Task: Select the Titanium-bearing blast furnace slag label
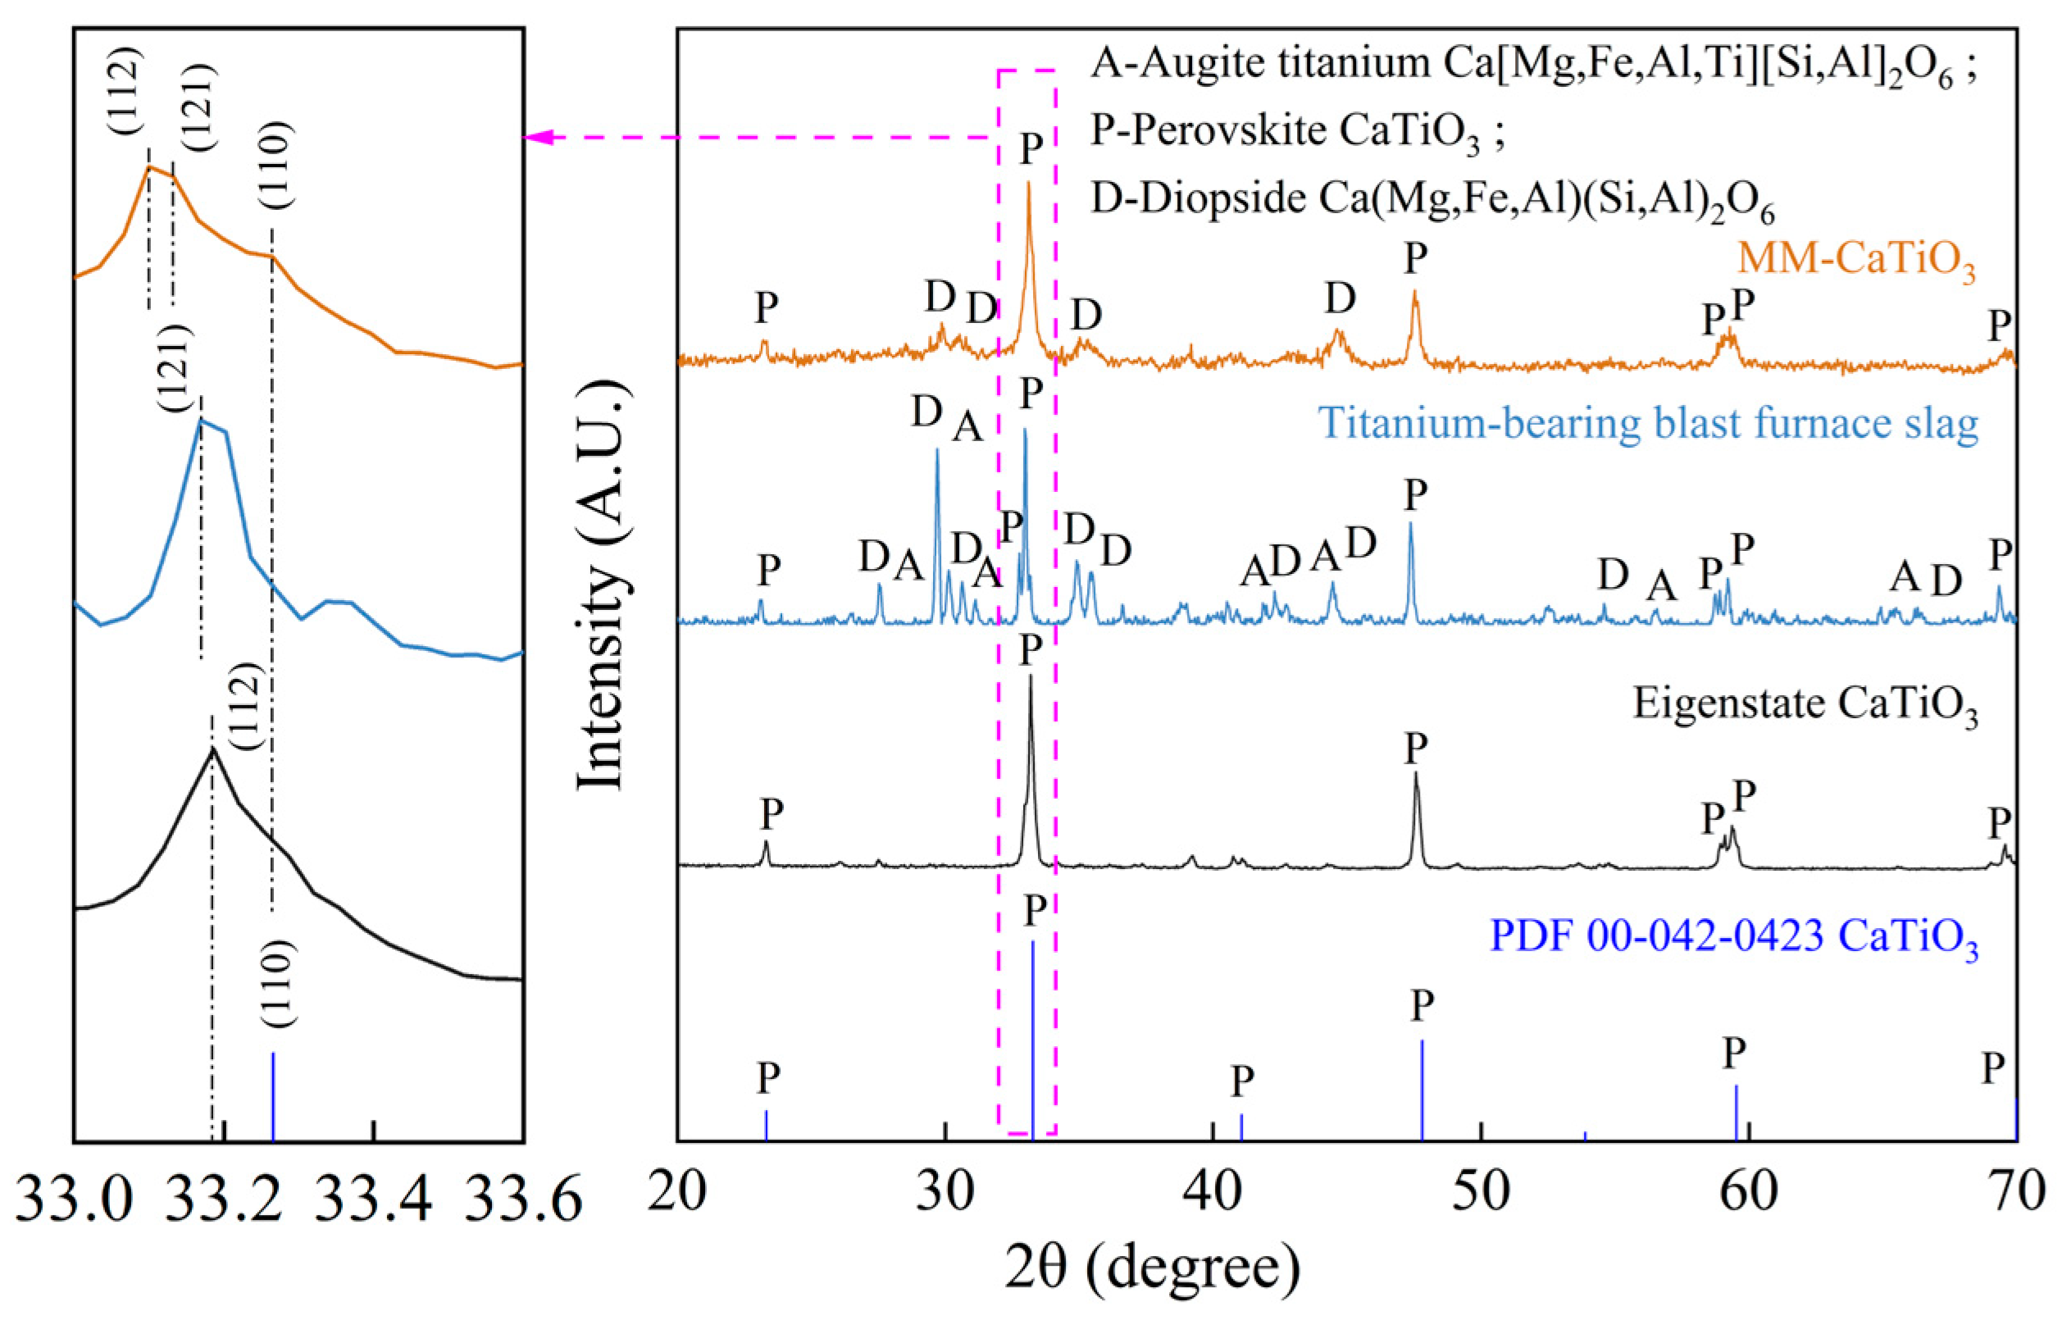coord(1648,424)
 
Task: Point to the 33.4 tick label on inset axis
coord(373,1199)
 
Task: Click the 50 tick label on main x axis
coord(1481,1191)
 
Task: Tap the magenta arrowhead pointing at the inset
coord(537,137)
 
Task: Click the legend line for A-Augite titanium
coord(1532,66)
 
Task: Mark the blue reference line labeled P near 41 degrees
coord(1240,1126)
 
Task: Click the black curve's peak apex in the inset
coord(212,749)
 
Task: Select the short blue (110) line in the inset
coord(273,1096)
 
